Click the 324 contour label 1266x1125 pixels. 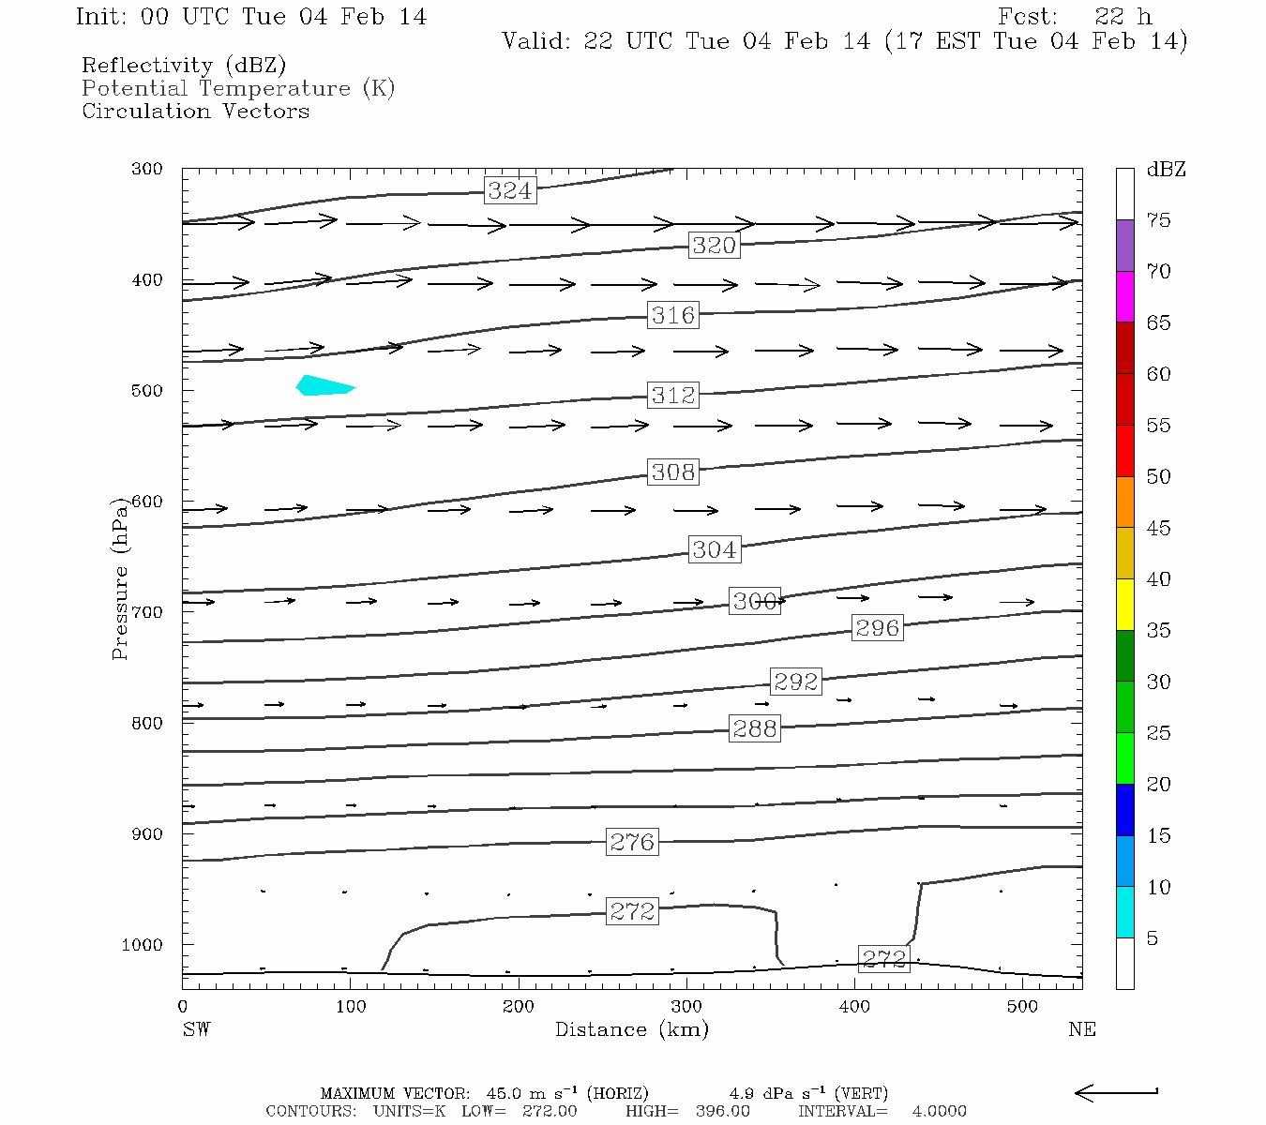(x=510, y=190)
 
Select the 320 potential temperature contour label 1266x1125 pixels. (x=715, y=246)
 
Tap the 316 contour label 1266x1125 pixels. (x=673, y=315)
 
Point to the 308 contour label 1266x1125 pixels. (x=673, y=472)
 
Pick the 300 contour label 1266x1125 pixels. (x=755, y=601)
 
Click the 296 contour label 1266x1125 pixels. (x=878, y=628)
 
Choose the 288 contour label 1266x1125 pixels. (x=755, y=728)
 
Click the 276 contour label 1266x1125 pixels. (x=632, y=842)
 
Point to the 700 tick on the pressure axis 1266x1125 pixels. (x=147, y=612)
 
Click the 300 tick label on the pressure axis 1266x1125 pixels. (x=147, y=169)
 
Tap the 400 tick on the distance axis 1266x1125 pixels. (x=854, y=1007)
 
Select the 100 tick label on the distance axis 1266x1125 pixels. (x=350, y=1007)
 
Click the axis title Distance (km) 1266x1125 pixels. (x=631, y=1029)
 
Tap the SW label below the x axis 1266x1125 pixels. (x=196, y=1029)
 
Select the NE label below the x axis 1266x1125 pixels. (x=1081, y=1029)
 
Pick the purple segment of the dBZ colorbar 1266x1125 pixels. (x=1124, y=246)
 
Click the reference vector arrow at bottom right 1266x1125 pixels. (x=1116, y=1092)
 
